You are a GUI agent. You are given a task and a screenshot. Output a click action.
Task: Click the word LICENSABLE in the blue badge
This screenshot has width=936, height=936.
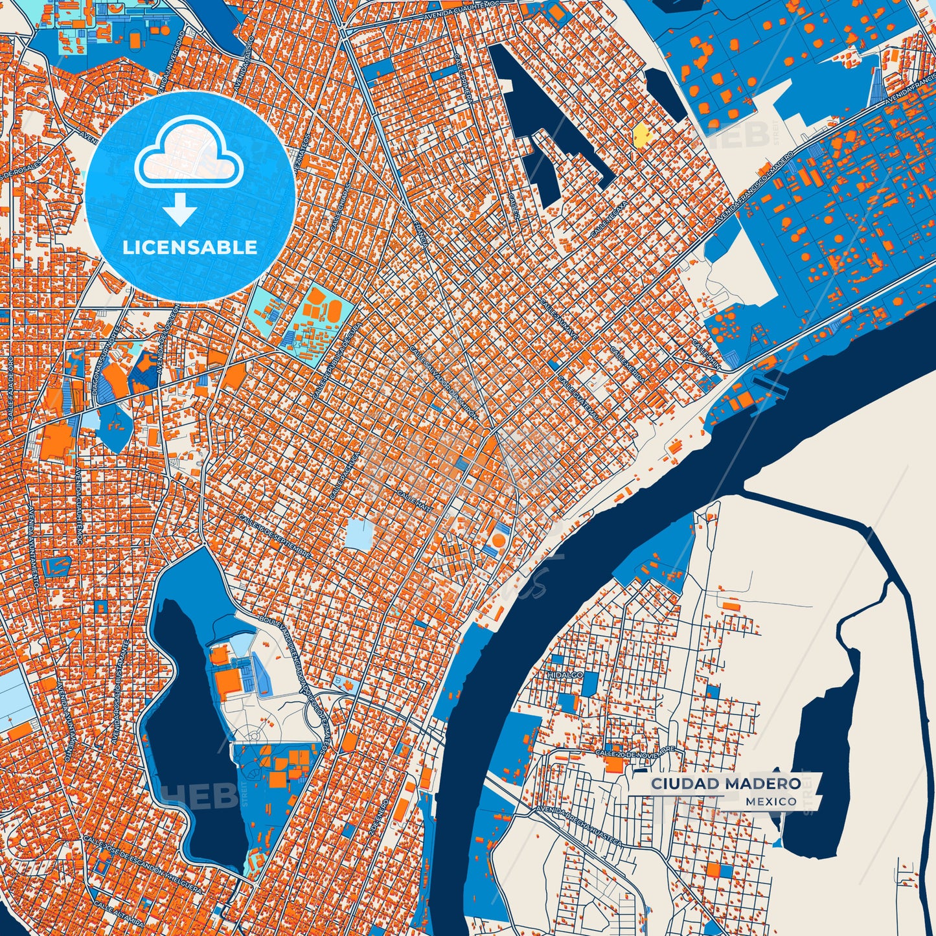coord(190,247)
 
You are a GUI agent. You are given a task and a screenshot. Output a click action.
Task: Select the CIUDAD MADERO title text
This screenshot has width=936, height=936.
coord(725,784)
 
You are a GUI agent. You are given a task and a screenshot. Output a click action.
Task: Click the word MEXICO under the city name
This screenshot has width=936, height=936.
coord(771,802)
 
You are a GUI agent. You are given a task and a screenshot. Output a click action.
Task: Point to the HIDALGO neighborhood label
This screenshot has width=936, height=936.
coord(565,675)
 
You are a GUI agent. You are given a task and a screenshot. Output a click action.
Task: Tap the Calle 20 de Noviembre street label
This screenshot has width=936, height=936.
coord(635,751)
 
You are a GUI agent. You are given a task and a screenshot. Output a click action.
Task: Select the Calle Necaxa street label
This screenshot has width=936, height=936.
coord(610,218)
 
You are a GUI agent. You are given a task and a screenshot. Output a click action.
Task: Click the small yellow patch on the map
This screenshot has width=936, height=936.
coord(641,135)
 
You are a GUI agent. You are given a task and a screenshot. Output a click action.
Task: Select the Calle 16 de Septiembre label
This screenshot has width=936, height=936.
coord(275,537)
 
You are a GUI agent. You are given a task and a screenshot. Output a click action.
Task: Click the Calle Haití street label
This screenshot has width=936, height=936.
coord(414,499)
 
